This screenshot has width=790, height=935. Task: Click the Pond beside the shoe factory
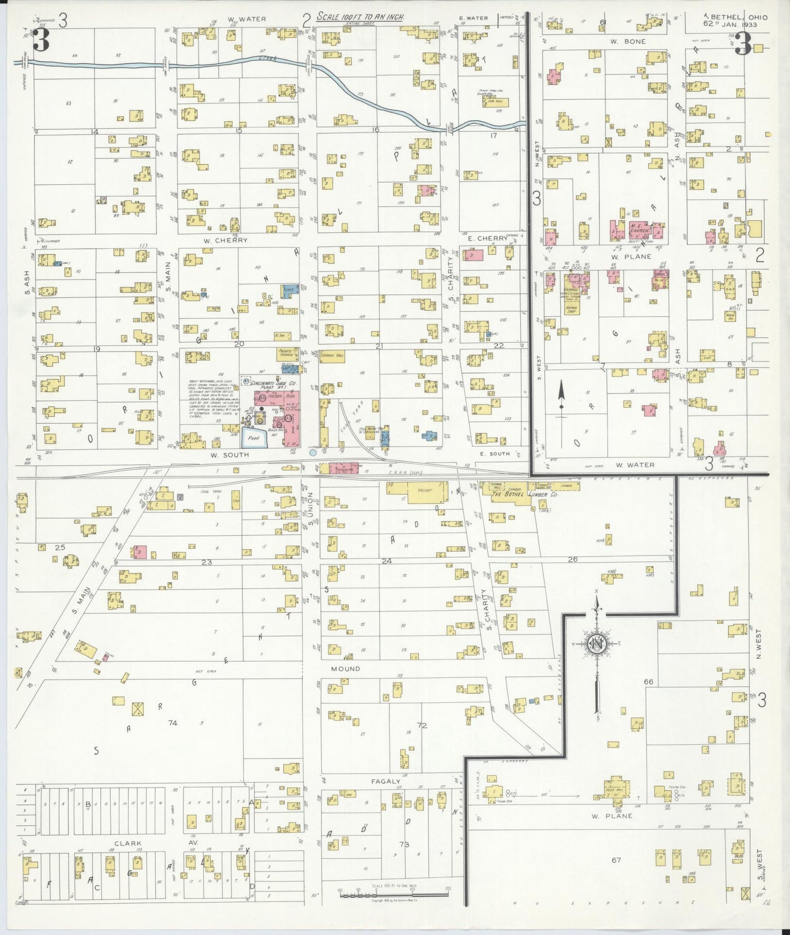click(253, 437)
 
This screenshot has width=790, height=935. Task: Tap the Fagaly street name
click(386, 781)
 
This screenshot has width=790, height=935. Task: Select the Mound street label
click(345, 669)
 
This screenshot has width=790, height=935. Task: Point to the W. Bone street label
click(628, 42)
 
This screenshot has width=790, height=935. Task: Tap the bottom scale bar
click(393, 895)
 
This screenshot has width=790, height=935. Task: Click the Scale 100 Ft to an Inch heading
click(360, 17)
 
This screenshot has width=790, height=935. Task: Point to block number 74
click(173, 723)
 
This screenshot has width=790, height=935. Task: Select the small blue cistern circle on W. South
click(313, 452)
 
